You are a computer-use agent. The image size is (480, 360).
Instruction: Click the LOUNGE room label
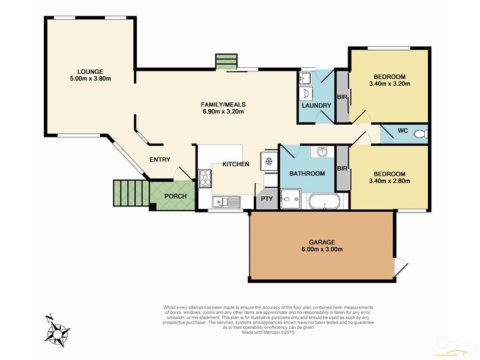click(x=90, y=71)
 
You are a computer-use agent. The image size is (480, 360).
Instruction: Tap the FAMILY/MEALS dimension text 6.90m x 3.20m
click(x=223, y=112)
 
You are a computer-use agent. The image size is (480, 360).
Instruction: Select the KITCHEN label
click(x=236, y=164)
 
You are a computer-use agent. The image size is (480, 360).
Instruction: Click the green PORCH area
click(x=175, y=196)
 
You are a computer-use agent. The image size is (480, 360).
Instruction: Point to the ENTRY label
click(x=160, y=160)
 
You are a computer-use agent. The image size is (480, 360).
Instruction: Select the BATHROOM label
click(x=307, y=173)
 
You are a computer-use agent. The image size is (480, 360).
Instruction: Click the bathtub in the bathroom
click(x=325, y=201)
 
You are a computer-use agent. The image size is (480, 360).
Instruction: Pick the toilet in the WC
click(x=424, y=134)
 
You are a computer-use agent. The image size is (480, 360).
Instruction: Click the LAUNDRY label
click(x=316, y=106)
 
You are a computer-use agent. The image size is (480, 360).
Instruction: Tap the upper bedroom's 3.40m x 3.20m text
click(x=390, y=84)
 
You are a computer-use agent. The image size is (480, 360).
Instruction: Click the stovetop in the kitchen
click(x=205, y=176)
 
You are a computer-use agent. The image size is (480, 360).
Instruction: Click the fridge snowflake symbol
click(x=269, y=161)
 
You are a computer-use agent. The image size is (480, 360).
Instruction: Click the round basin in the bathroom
click(x=322, y=152)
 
